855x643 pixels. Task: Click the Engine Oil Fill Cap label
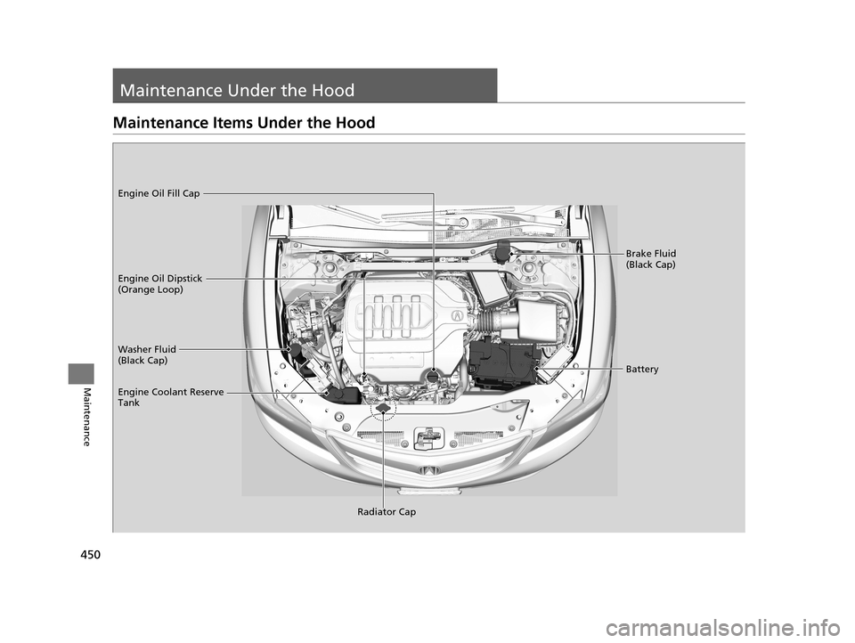coord(159,193)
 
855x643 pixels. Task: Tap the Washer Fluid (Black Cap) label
coord(147,354)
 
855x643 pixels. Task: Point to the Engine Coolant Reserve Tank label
coord(171,397)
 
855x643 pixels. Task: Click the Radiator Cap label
coord(387,511)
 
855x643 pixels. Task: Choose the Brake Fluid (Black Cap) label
coord(650,258)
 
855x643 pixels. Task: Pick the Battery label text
coord(642,370)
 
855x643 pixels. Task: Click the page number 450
coord(90,555)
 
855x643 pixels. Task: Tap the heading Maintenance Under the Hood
coord(237,90)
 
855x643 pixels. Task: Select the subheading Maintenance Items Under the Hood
coord(244,123)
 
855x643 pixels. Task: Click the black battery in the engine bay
coord(504,361)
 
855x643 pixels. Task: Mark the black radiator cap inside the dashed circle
coord(382,409)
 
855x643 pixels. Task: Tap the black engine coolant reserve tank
coord(342,395)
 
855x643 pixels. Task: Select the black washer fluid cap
coord(296,349)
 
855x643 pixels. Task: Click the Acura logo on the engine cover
coord(456,314)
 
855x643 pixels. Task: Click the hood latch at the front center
coord(429,437)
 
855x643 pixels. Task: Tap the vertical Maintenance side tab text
coord(85,417)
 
